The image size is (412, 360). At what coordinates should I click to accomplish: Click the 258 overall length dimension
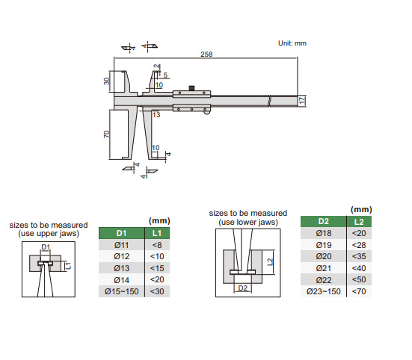[206, 54]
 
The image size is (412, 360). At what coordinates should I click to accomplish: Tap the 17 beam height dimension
[302, 101]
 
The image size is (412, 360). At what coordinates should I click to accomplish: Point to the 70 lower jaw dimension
[106, 134]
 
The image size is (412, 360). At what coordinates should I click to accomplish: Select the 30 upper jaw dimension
[106, 81]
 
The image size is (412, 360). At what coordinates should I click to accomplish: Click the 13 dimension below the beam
[156, 115]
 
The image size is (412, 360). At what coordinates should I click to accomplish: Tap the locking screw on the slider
[192, 88]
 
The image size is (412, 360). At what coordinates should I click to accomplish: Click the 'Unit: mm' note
[292, 43]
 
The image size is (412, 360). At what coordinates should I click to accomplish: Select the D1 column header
[121, 233]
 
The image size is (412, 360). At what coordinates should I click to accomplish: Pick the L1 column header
[157, 233]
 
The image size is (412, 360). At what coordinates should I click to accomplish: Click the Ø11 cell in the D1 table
[121, 245]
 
